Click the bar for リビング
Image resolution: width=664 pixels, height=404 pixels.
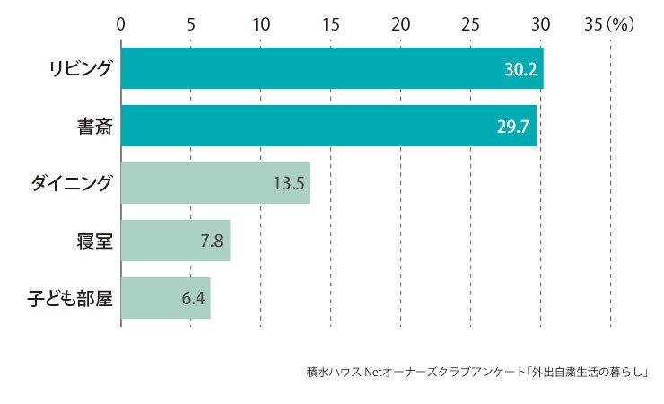332,68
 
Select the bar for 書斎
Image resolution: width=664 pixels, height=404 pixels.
328,126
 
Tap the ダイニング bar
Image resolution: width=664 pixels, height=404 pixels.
215,183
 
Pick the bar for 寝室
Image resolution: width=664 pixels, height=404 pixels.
176,241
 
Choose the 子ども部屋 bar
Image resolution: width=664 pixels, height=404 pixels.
166,298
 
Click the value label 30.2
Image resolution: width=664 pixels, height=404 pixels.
520,69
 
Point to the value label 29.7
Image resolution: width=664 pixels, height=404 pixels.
513,127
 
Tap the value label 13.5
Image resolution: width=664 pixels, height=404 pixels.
289,183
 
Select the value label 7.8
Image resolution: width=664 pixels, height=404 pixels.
212,241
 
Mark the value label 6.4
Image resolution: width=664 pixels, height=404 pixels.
193,299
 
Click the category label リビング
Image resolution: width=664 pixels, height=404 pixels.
81,68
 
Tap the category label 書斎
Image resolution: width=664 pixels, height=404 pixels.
95,127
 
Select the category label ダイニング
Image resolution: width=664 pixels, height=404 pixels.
72,183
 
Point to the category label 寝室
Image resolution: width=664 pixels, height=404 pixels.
95,241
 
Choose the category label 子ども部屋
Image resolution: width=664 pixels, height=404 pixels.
70,299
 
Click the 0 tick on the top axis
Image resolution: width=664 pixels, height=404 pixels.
121,24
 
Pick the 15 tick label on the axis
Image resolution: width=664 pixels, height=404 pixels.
331,24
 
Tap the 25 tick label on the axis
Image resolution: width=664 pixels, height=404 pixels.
470,24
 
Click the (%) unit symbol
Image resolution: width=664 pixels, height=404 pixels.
620,24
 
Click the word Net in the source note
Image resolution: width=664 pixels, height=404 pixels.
373,372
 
